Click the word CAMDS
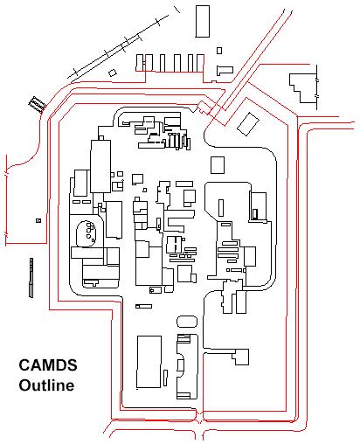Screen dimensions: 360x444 pos(48,364)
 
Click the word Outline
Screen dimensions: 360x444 pos(46,385)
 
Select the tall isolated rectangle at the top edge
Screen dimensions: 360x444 pos(203,21)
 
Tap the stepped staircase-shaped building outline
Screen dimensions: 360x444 pos(303,88)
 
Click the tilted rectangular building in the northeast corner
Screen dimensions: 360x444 pos(248,124)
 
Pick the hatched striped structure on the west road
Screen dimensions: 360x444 pos(38,104)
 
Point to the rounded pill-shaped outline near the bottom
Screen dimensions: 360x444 pos(187,322)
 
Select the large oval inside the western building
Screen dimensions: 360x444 pos(87,234)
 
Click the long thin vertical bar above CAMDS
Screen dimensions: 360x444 pos(31,278)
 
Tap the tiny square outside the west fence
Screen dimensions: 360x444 pos(38,220)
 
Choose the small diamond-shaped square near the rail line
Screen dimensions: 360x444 pos(113,73)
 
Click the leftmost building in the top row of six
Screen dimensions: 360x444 pos(140,63)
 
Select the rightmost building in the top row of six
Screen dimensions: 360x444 pos(200,63)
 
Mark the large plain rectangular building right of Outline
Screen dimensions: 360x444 pos(149,362)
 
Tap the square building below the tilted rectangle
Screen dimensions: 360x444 pos(218,165)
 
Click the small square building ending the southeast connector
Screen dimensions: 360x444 pos(240,357)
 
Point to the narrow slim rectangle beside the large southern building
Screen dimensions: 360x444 pos(165,378)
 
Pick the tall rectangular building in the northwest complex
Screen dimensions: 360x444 pos(100,166)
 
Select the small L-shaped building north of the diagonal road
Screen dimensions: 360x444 pos(225,70)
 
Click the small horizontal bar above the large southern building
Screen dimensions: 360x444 pos(143,306)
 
